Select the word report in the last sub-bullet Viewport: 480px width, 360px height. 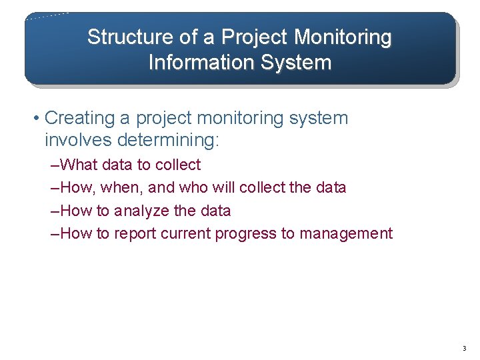pos(136,233)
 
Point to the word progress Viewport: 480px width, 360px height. pos(246,234)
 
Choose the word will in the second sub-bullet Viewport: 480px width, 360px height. pos(223,187)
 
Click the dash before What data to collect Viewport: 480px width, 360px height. pos(55,165)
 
